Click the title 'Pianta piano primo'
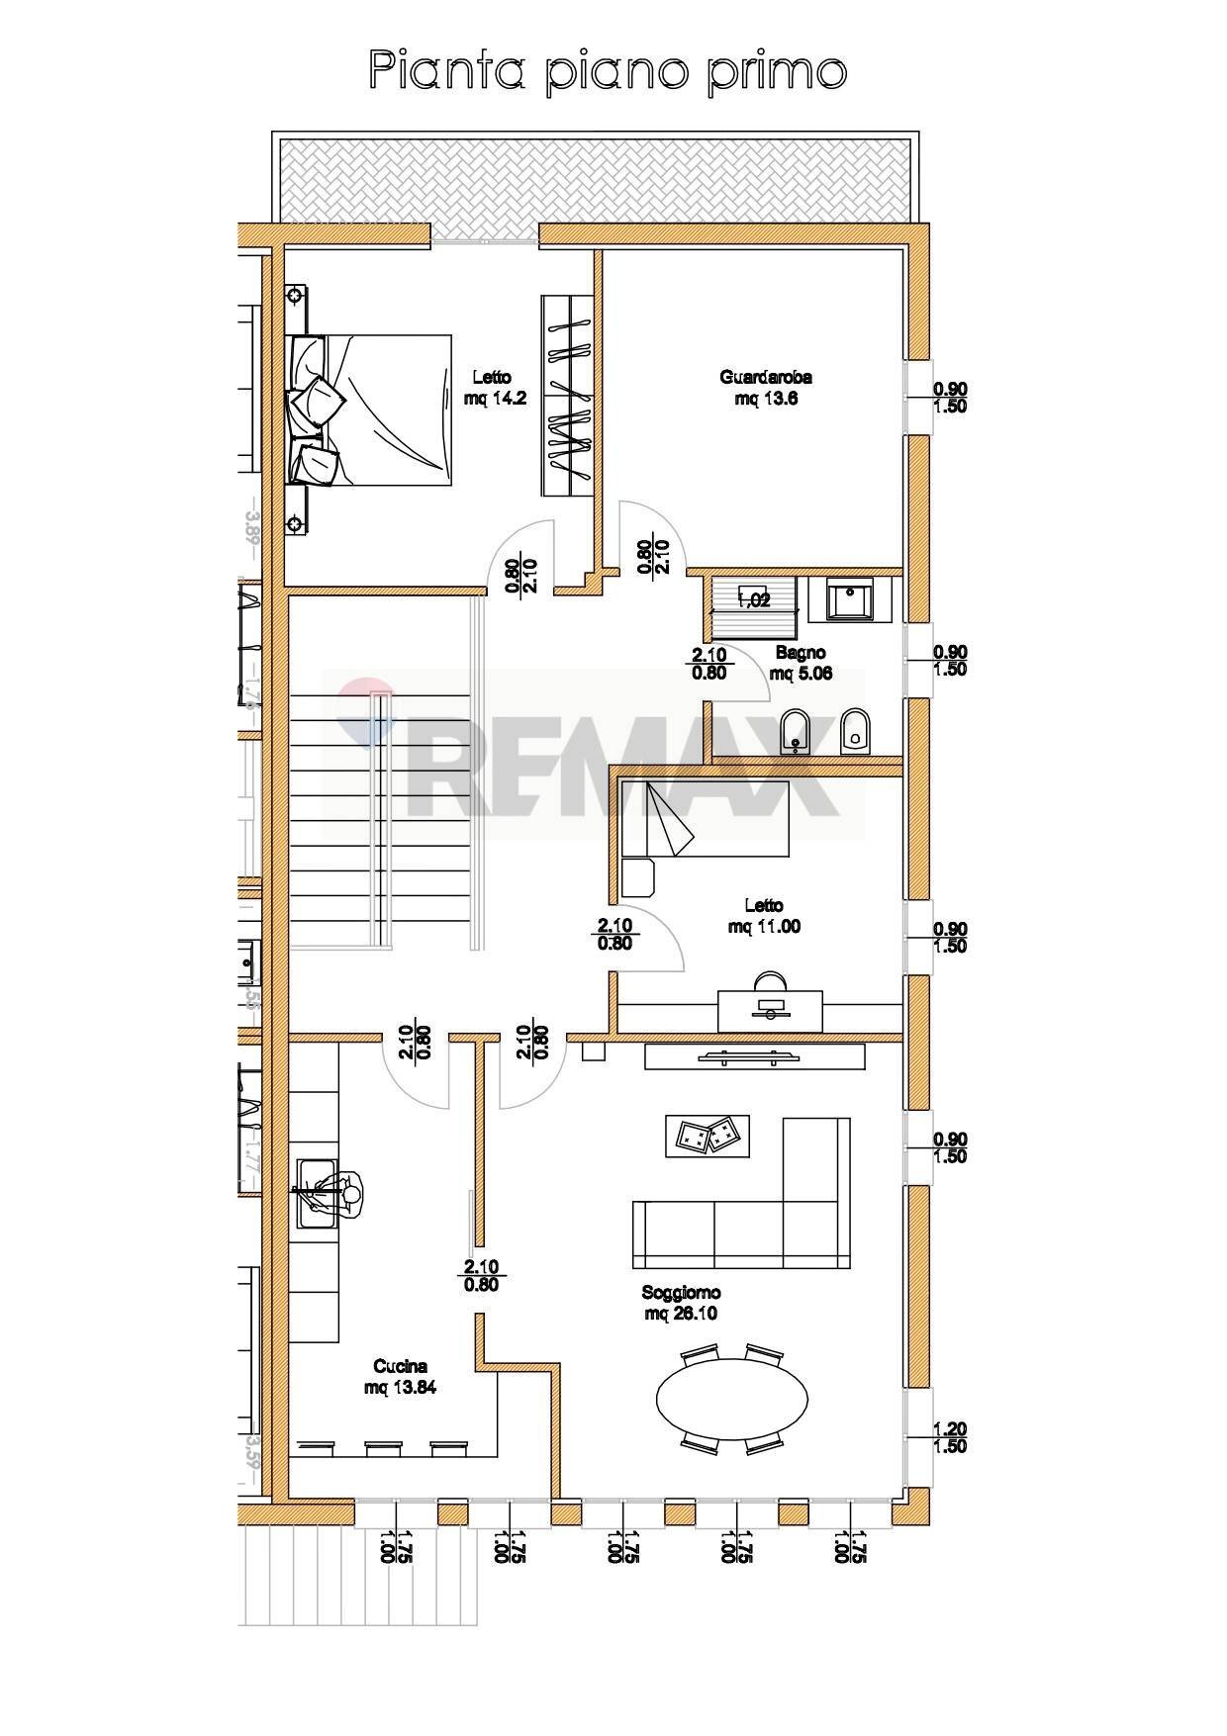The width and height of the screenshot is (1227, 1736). tap(608, 72)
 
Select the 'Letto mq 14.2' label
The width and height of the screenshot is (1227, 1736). tap(491, 388)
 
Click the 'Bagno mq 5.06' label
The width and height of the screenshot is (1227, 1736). tap(801, 663)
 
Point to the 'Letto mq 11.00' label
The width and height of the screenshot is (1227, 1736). tap(764, 916)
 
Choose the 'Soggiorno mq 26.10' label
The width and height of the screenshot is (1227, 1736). tap(681, 1303)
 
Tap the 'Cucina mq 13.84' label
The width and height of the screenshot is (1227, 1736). tap(400, 1377)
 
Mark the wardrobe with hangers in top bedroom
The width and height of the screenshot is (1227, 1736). tap(567, 396)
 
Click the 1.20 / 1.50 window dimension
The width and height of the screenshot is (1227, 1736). tap(951, 1437)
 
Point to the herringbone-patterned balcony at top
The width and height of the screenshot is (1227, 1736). tap(594, 180)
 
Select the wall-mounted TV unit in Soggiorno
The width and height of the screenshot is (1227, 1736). tap(754, 1056)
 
